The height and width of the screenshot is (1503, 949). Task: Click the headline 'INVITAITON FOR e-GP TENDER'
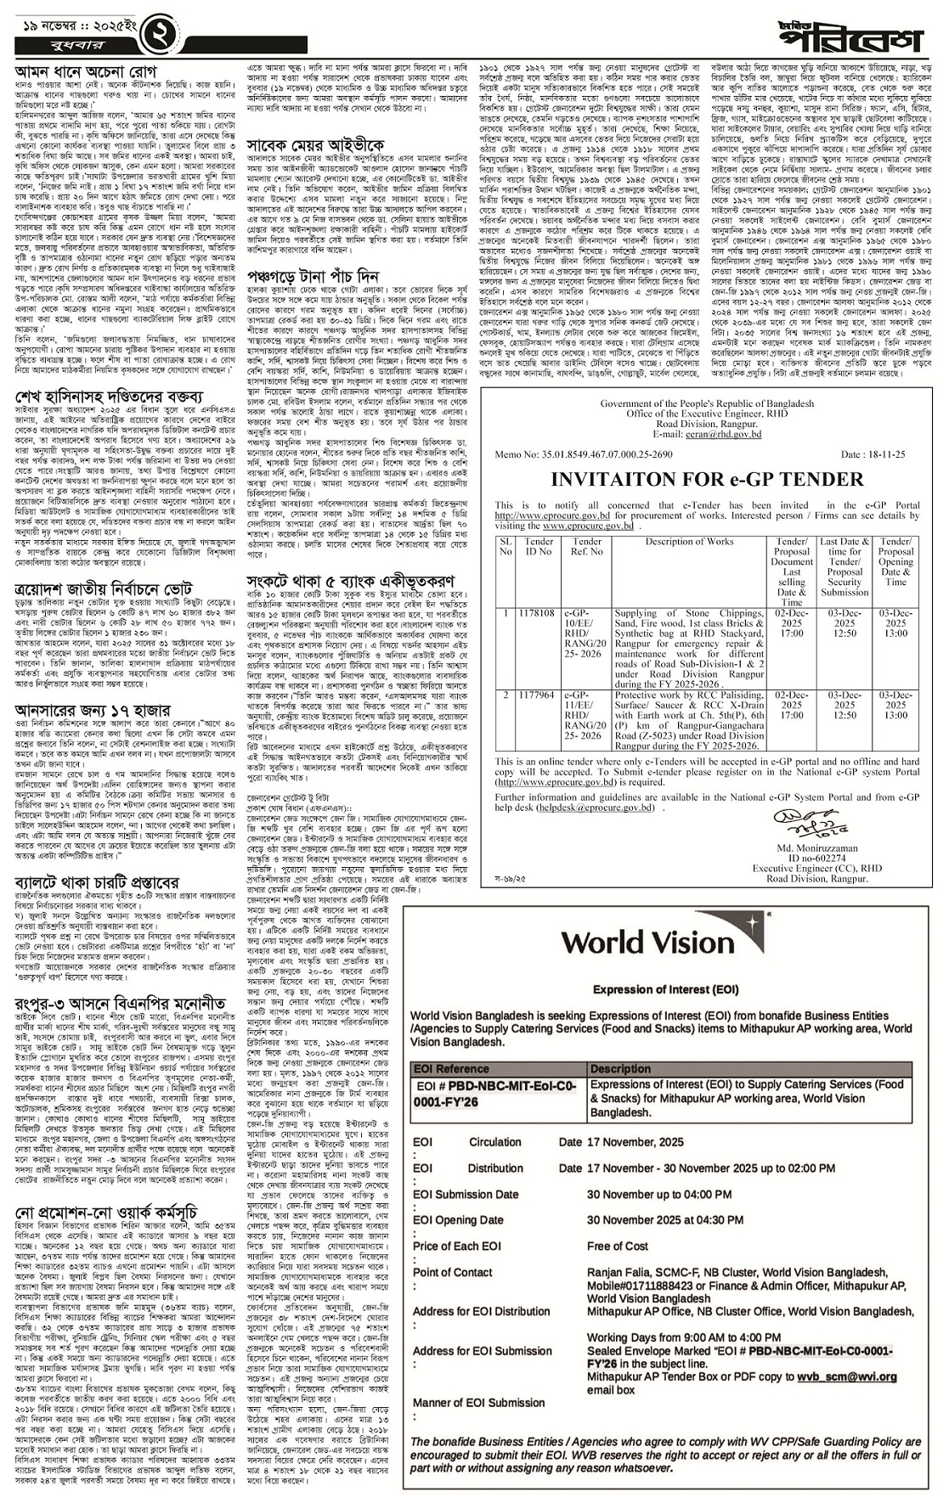[707, 479]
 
